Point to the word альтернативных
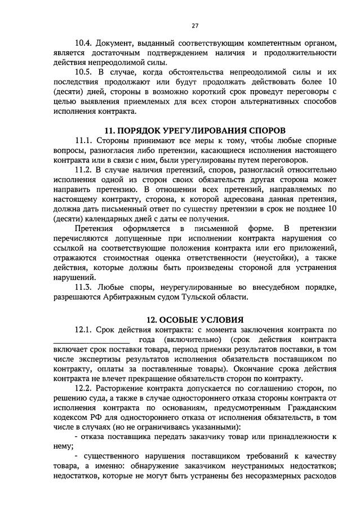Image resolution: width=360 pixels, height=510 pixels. click(247, 101)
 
